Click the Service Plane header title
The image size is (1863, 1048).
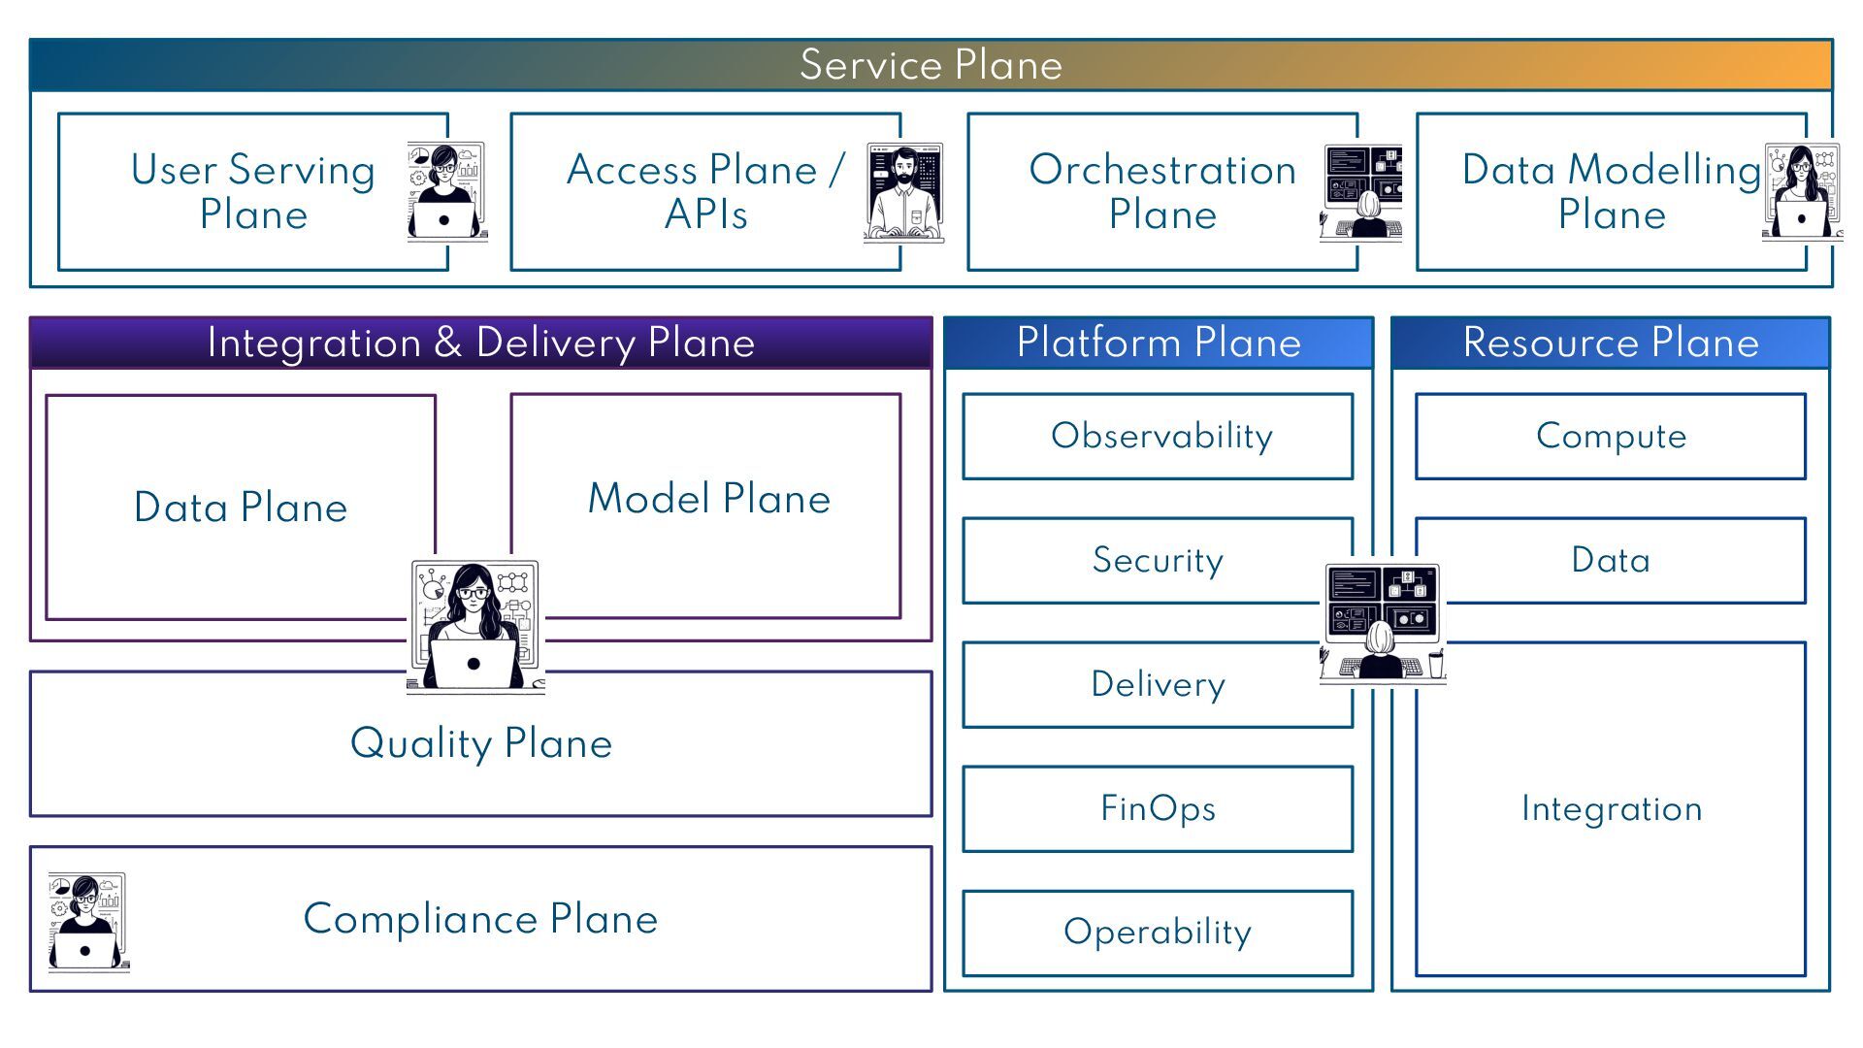coord(931,65)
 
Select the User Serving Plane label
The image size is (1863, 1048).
coord(253,191)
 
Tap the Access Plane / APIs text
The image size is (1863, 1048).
coord(705,191)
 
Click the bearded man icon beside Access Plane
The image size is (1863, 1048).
coord(903,193)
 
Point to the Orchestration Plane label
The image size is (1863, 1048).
coord(1162,191)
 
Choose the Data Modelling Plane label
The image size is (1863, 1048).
coord(1611,191)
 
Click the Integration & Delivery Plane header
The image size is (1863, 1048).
coord(480,343)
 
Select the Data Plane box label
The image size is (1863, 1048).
coord(241,507)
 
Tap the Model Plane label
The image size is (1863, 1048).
coord(708,498)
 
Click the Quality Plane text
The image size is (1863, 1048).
coord(480,743)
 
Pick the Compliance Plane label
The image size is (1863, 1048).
coord(480,918)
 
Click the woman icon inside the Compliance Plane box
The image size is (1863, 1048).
coord(87,922)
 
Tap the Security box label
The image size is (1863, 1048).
coord(1158,560)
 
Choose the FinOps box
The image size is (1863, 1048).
coord(1158,808)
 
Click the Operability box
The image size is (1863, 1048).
coord(1158,932)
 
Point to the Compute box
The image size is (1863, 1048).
coord(1611,436)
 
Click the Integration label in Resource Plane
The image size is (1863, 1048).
coord(1611,808)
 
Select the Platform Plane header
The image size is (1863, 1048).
coord(1159,343)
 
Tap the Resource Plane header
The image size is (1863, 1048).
coord(1611,343)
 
